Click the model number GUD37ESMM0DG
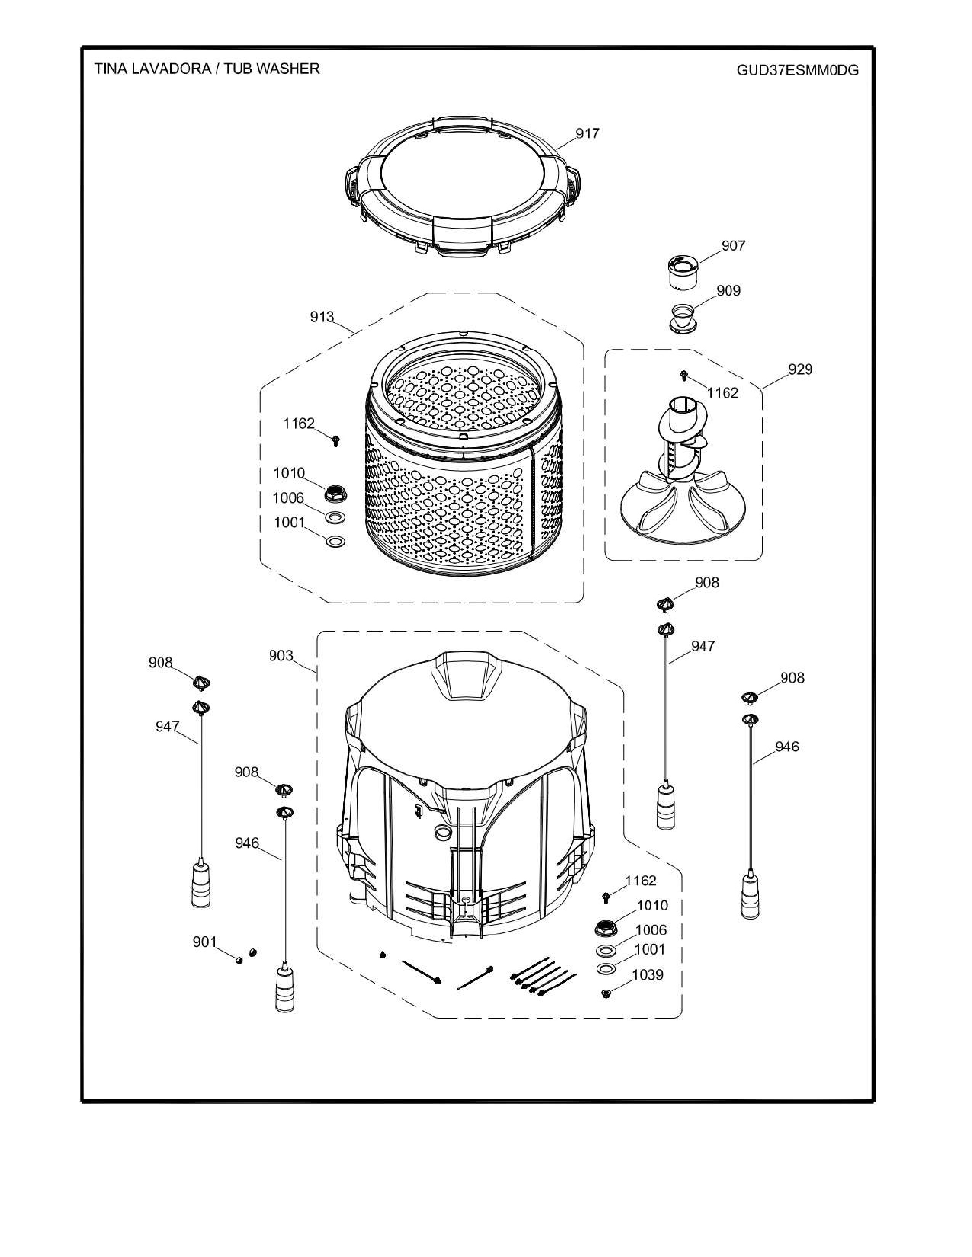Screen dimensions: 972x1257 (797, 70)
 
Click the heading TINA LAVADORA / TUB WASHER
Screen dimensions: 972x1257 (207, 69)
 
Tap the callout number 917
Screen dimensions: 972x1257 (587, 134)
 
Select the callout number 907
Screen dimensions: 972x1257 (733, 246)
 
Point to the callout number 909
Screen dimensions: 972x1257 (728, 291)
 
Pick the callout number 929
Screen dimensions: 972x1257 (800, 369)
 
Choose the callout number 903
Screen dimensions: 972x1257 (281, 656)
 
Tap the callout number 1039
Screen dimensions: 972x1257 (648, 975)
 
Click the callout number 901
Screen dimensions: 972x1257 (204, 942)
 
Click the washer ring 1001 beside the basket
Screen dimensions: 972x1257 (335, 542)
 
